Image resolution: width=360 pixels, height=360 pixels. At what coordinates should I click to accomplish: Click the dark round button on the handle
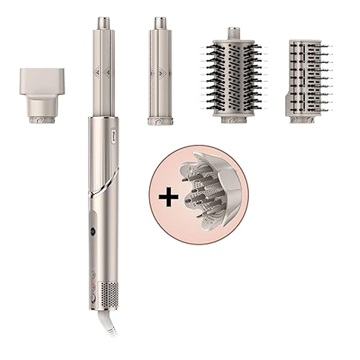pyautogui.click(x=94, y=231)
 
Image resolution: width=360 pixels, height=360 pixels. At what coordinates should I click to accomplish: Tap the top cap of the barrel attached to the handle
pyautogui.click(x=104, y=23)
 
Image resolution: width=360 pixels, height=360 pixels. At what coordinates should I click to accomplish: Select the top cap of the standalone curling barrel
pyautogui.click(x=160, y=23)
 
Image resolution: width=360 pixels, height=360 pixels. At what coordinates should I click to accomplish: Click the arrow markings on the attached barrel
pyautogui.click(x=103, y=73)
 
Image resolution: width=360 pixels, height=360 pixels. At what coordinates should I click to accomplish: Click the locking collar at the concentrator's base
pyautogui.click(x=41, y=119)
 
